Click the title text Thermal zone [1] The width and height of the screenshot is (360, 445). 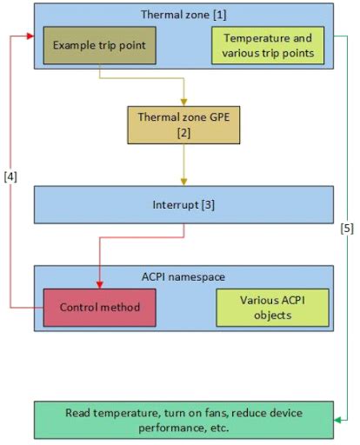pos(183,15)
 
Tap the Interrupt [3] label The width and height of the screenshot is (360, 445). pos(183,206)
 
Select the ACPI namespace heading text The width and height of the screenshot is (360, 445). pos(183,276)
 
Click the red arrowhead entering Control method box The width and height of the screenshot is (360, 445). pos(100,285)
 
